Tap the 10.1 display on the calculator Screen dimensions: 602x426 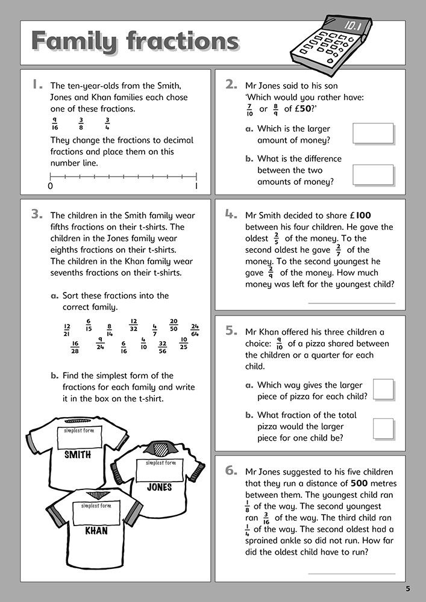coord(350,26)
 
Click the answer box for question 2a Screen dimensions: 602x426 coord(373,134)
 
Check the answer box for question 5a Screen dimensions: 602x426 coord(383,389)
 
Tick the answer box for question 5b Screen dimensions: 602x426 coord(383,429)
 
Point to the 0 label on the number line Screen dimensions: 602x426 coord(50,187)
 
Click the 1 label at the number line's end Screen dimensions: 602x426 coord(196,187)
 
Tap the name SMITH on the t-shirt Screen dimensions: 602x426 coord(78,455)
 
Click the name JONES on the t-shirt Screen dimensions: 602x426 coord(159,486)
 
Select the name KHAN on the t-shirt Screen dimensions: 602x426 coord(96,531)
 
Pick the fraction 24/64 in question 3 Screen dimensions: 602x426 coord(195,329)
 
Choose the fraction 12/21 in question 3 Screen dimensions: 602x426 coord(67,329)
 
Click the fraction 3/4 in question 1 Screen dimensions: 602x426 coord(107,123)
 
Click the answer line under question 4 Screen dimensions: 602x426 coord(351,303)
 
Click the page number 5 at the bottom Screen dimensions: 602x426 coord(408,588)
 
